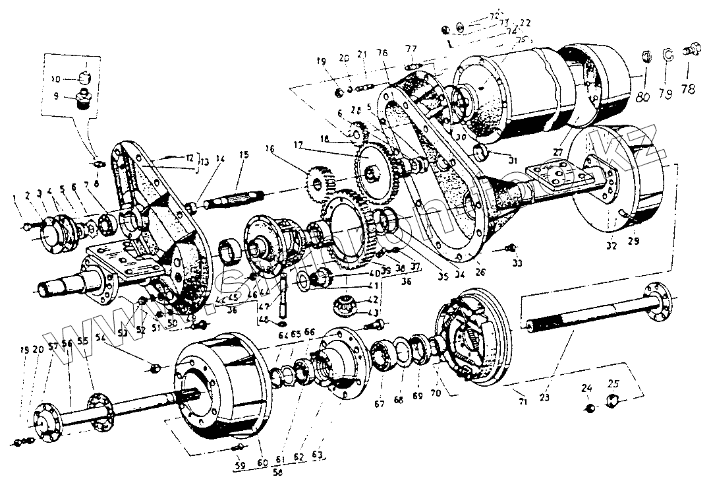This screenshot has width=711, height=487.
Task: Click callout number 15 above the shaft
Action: (x=244, y=155)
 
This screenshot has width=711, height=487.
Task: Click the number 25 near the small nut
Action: (x=613, y=383)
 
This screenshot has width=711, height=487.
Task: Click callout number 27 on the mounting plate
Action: (x=559, y=152)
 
